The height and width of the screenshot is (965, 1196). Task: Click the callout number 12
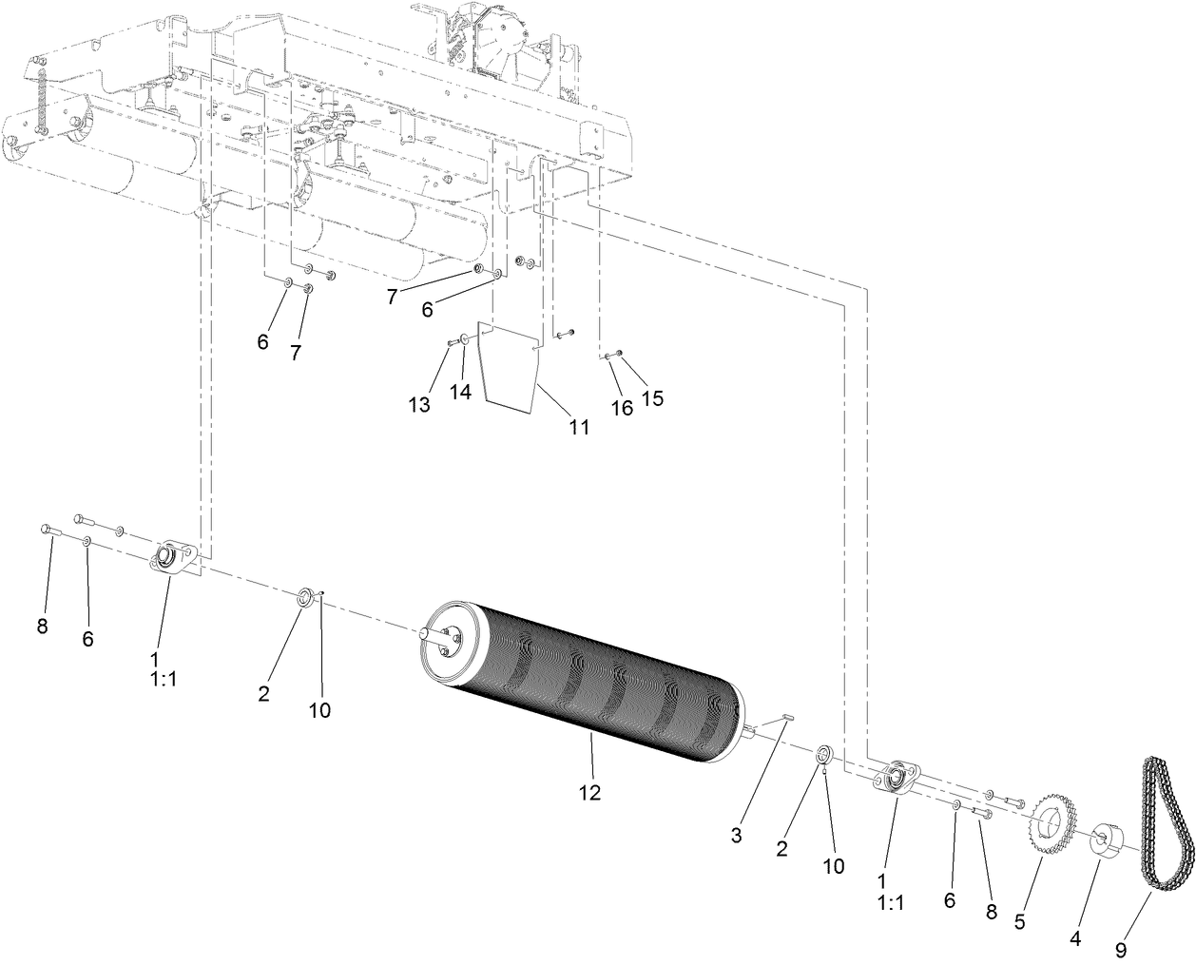589,791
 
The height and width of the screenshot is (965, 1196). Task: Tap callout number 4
1075,937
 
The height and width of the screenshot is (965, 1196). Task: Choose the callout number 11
579,427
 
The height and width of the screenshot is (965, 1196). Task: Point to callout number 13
419,404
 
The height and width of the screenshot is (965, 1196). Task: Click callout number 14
460,392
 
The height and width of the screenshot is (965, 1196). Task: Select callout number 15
652,397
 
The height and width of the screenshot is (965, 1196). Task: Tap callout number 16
621,408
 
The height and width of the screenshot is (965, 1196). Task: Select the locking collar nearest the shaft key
824,755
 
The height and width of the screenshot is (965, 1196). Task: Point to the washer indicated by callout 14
463,338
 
